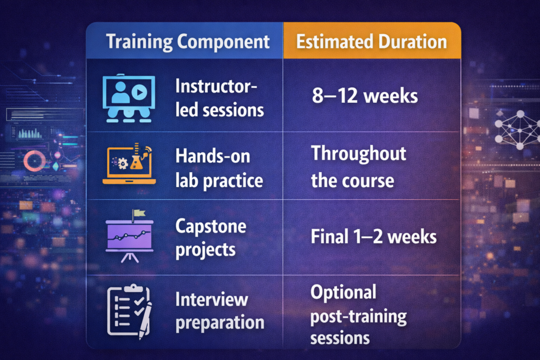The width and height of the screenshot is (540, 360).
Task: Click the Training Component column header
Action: tap(188, 41)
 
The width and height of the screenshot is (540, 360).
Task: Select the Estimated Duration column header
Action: tap(371, 41)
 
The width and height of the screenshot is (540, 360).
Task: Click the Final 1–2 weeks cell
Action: tap(373, 237)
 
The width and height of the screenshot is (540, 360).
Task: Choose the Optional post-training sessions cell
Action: tap(359, 315)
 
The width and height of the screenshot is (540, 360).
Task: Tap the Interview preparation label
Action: tap(219, 311)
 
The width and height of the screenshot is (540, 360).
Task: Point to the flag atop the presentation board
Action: tap(139, 214)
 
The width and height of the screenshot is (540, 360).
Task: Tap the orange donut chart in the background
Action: tap(35, 160)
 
